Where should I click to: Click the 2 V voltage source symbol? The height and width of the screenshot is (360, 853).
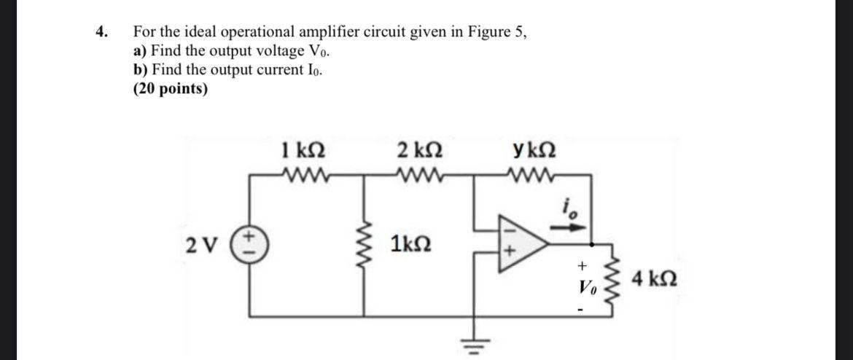253,241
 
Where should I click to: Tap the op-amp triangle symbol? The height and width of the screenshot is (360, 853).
522,243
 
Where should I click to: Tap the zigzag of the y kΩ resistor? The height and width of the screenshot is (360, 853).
535,176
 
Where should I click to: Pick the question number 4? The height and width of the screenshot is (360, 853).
102,31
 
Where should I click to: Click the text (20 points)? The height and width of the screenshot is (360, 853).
170,89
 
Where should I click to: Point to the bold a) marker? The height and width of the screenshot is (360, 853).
140,51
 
